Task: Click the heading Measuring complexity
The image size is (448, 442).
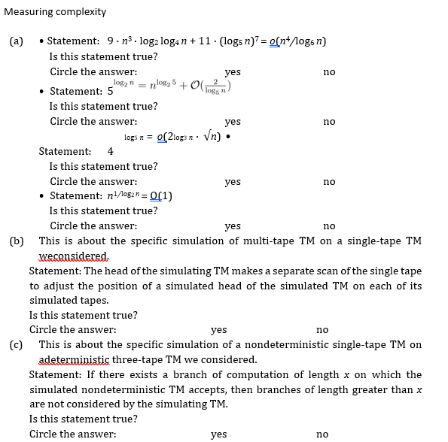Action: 55,12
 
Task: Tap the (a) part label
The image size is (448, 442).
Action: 16,41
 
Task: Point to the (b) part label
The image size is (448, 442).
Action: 16,241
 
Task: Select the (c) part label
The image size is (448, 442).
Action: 16,345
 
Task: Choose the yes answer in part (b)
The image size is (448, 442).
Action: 219,329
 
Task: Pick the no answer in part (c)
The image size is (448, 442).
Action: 322,434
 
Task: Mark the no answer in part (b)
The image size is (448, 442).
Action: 322,329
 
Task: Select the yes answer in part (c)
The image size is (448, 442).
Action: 219,434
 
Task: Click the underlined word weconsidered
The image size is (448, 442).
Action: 74,256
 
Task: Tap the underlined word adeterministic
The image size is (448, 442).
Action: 76,359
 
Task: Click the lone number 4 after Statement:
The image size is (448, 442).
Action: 110,151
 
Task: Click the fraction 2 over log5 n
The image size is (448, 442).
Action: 215,85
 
